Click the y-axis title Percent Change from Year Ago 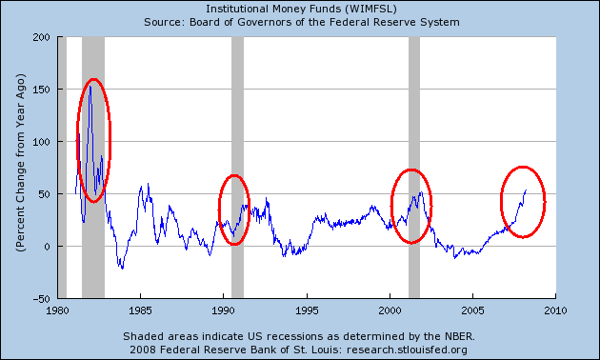click(20, 168)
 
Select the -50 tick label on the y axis click(41, 298)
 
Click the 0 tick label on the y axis click(47, 246)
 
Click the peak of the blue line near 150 click(90, 88)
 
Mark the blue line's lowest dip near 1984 click(122, 268)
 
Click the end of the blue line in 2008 click(526, 190)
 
